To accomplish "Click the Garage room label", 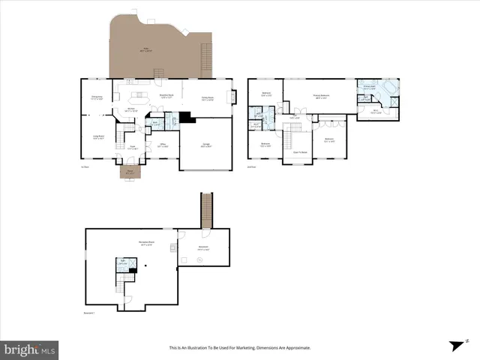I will [205, 146].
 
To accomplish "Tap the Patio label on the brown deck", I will [147, 51].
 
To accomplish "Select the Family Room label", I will [208, 97].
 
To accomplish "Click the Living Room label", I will [97, 137].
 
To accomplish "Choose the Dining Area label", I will [97, 97].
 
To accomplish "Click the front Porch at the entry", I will [130, 172].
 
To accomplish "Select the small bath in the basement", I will [122, 264].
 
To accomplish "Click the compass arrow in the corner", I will [455, 345].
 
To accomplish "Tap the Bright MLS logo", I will [30, 349].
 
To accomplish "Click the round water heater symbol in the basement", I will [200, 259].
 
